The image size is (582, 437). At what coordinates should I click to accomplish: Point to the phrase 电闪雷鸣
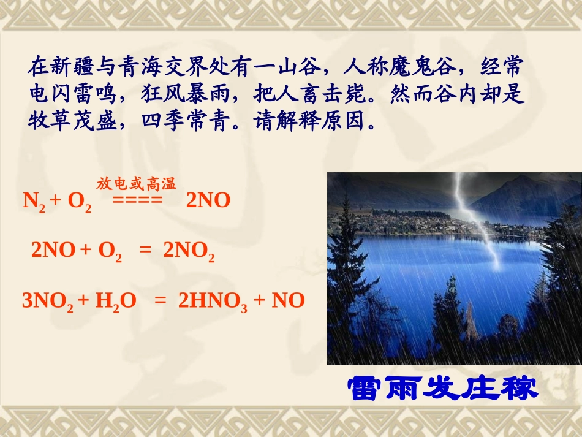coord(66,93)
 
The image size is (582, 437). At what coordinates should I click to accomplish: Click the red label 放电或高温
coord(136,183)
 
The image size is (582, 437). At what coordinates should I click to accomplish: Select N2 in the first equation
coord(33,201)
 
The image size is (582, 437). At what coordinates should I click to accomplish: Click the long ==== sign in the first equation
coord(137,200)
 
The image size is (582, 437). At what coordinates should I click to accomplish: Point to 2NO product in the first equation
coord(208,200)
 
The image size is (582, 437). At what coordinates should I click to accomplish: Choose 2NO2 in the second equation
coord(189,251)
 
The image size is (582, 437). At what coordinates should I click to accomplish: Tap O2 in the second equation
coord(110,251)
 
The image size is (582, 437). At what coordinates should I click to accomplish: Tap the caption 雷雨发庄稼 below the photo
coord(442,389)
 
